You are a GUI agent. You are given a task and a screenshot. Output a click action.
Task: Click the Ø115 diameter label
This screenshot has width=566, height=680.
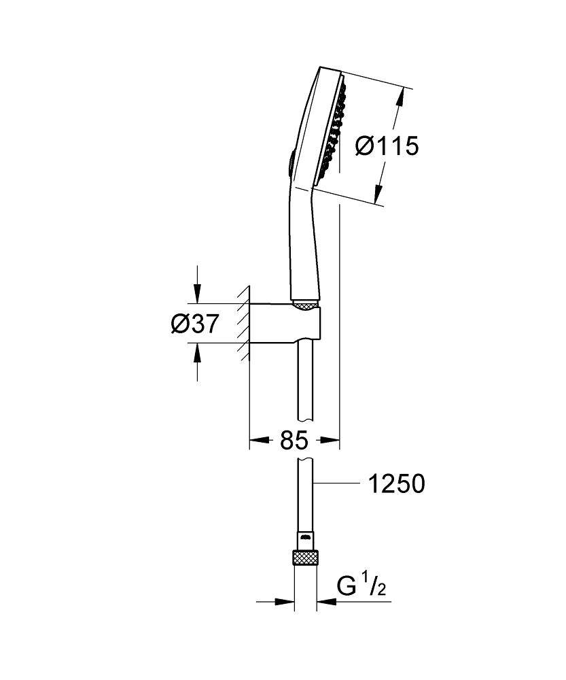coord(388,145)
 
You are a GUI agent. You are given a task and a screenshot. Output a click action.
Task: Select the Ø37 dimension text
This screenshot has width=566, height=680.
coord(194,324)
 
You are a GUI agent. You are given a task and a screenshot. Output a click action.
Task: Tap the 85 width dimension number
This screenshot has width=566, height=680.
coord(294,441)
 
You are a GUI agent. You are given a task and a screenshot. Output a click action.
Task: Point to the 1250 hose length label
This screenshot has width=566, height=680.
coord(396,483)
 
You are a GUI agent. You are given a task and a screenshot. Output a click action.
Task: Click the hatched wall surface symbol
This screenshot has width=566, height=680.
coord(243,323)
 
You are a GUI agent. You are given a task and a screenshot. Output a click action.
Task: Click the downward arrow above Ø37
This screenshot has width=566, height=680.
coord(197,296)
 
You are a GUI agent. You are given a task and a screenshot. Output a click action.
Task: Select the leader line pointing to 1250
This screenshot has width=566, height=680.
coord(336,483)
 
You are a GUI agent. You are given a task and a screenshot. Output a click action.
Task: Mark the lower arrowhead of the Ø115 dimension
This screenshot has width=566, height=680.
coord(378,197)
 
